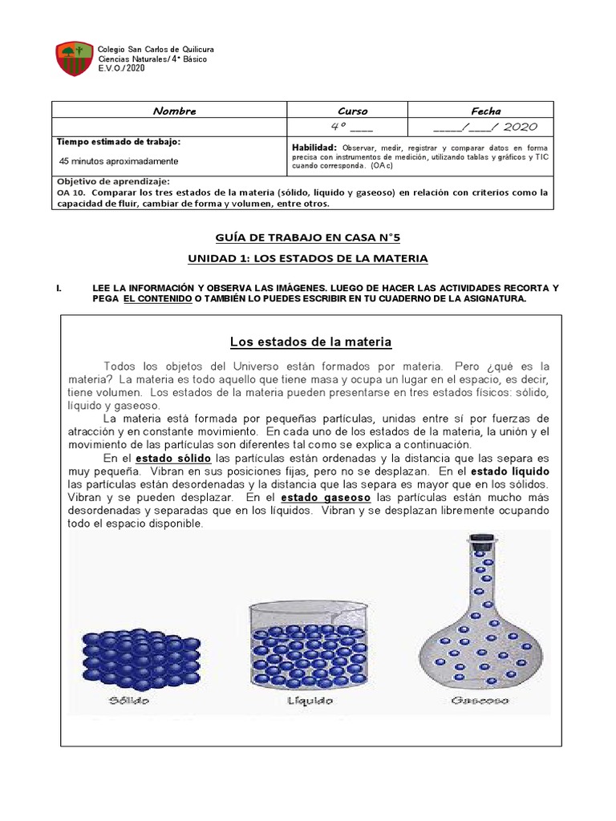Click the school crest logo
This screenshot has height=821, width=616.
click(73, 59)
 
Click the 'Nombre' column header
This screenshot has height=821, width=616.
click(174, 111)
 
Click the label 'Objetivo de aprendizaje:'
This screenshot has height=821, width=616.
click(112, 181)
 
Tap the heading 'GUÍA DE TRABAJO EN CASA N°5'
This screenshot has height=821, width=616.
click(308, 237)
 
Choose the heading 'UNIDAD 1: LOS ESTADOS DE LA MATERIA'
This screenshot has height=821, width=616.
click(308, 258)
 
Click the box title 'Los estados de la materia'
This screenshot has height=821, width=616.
click(310, 342)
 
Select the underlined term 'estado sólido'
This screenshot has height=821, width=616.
click(174, 458)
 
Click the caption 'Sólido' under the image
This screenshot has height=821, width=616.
click(128, 700)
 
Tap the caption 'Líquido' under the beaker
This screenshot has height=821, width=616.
click(310, 700)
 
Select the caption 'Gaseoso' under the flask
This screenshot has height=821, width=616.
click(480, 700)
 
